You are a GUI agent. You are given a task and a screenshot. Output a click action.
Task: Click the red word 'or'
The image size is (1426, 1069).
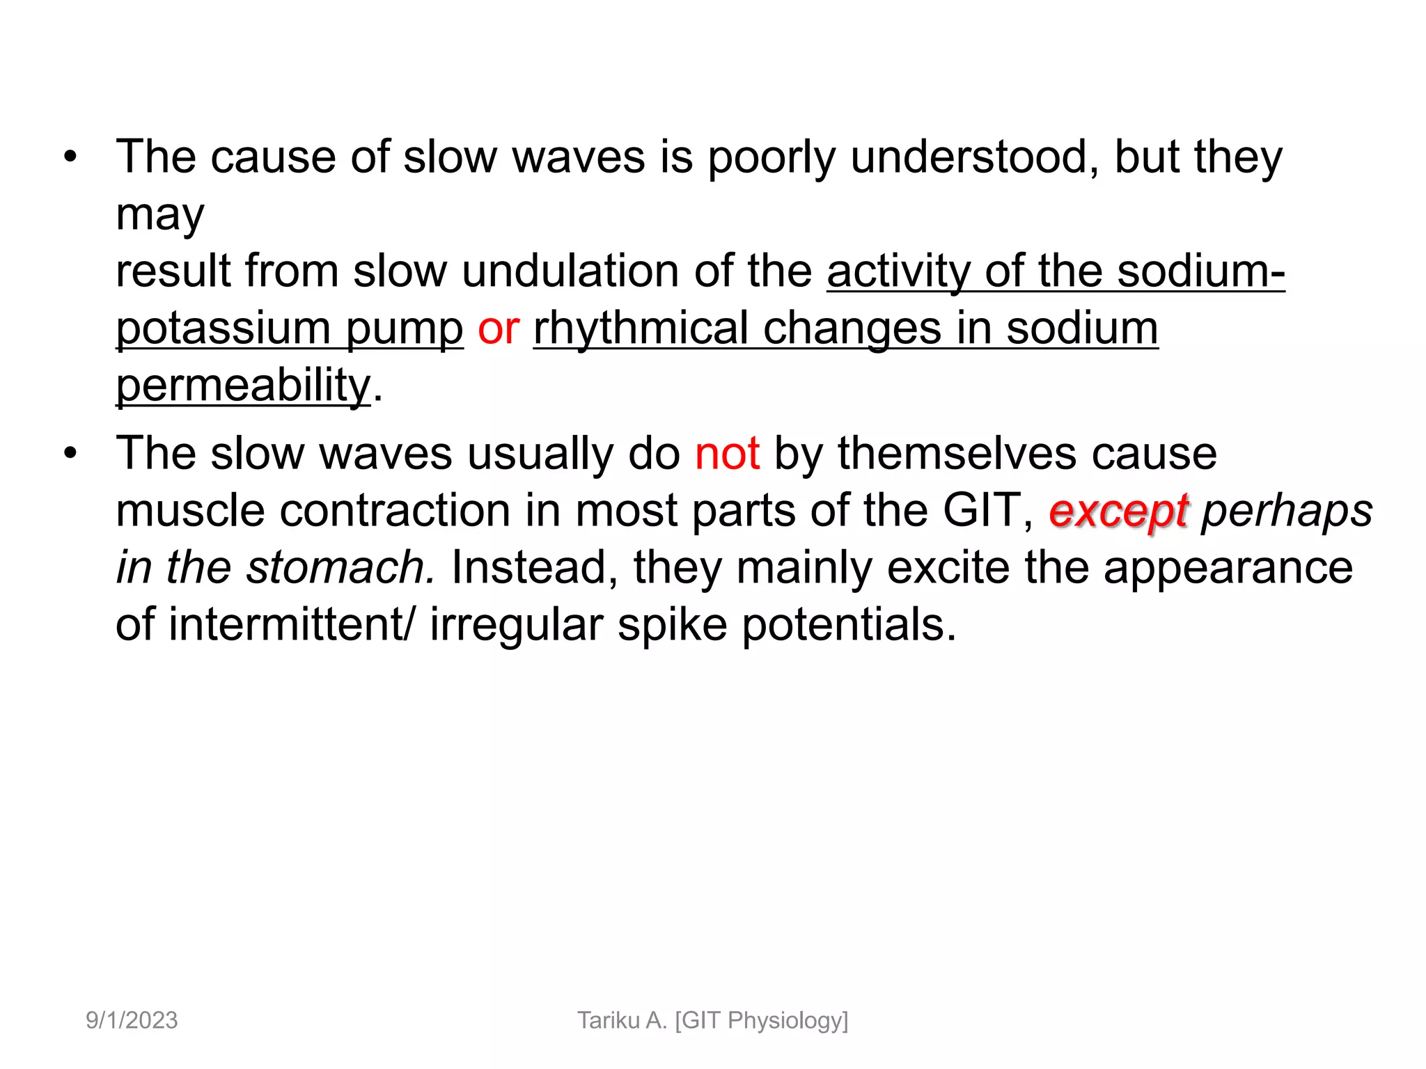pos(498,328)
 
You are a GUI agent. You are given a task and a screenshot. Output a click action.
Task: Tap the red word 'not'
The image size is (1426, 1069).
pos(727,454)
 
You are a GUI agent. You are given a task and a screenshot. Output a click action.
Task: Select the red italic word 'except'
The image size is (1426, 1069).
pos(1118,512)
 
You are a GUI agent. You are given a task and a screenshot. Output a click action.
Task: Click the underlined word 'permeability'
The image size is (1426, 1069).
pos(243,386)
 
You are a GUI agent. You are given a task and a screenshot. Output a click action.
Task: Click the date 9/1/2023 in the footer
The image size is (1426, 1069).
pos(132,1020)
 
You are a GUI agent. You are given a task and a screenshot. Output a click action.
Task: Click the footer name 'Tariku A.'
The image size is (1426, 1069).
pos(622,1020)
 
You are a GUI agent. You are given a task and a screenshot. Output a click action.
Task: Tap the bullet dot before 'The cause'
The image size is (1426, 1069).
pos(70,157)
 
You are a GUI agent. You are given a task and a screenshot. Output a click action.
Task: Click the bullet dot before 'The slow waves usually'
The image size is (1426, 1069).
pos(70,454)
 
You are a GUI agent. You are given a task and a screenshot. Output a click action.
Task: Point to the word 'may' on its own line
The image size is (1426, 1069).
pos(160,216)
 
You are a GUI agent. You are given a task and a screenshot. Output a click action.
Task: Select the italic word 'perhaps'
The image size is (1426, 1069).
pos(1287,512)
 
